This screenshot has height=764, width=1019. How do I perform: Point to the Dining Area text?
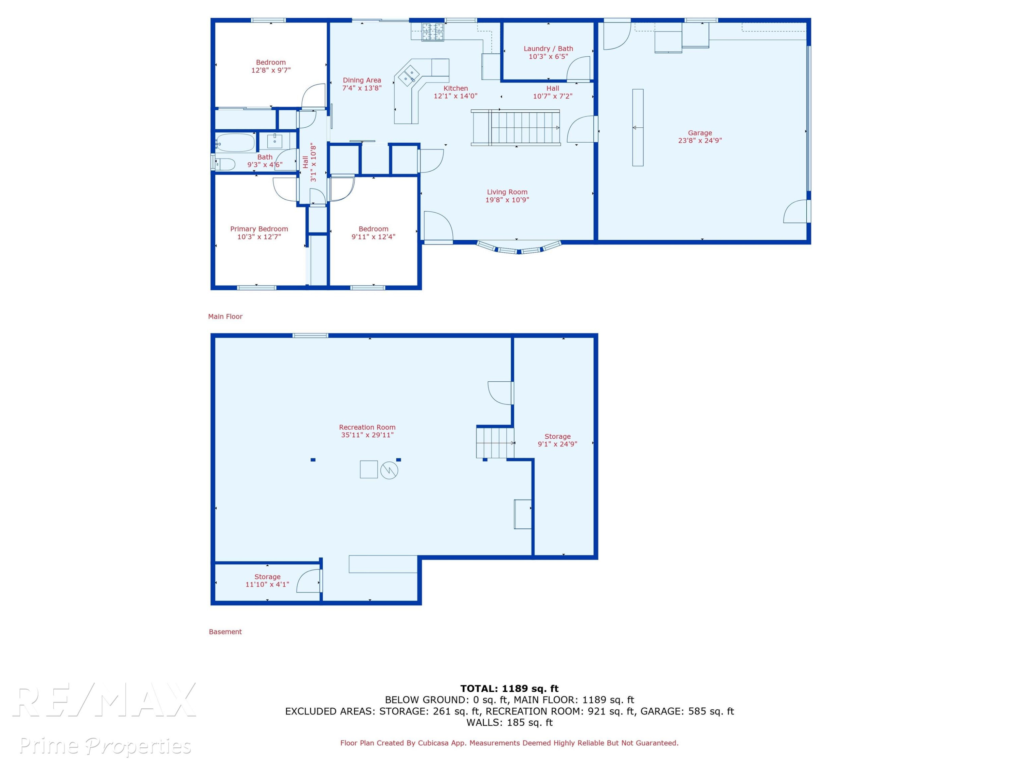click(x=362, y=80)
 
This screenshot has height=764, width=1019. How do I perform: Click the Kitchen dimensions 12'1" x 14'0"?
click(x=455, y=96)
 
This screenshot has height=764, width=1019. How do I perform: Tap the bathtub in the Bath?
click(x=235, y=143)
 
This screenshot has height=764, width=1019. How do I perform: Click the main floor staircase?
click(x=516, y=128)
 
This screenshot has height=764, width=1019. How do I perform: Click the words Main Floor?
click(x=225, y=316)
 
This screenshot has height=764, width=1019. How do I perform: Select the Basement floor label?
click(x=225, y=632)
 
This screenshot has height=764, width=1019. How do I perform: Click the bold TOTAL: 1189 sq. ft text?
click(x=509, y=689)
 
